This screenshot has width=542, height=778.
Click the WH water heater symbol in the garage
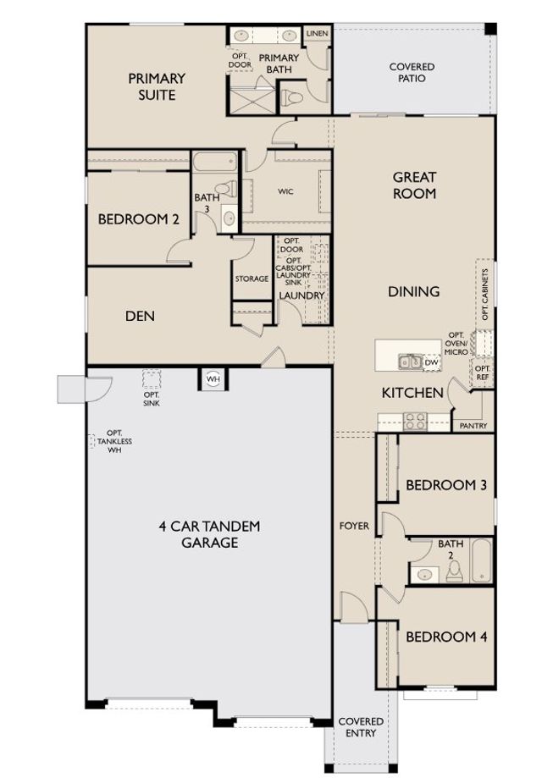[x=213, y=379]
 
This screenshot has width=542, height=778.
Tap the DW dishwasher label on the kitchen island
[x=431, y=362]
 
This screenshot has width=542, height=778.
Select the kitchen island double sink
[x=410, y=361]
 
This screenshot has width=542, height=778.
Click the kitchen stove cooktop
[x=415, y=422]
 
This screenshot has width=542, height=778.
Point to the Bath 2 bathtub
[x=481, y=560]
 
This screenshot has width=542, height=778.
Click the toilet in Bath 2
[x=454, y=571]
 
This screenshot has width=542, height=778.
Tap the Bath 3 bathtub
[x=214, y=162]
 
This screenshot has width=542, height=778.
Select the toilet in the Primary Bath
[x=292, y=97]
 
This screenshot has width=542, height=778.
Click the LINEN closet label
[x=318, y=33]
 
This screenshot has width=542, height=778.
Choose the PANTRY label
[x=473, y=426]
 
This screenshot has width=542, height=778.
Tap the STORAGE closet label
[x=252, y=279]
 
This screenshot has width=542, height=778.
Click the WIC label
[x=285, y=191]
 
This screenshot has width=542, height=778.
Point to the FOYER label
[x=354, y=526]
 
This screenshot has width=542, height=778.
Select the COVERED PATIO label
[x=412, y=73]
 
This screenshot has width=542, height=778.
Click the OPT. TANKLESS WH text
[x=114, y=441]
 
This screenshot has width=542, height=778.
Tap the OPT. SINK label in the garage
[x=152, y=399]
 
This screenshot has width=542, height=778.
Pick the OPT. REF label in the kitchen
[x=482, y=372]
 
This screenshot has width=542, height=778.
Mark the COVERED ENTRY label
[x=361, y=727]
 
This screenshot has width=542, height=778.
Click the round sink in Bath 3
[x=229, y=218]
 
